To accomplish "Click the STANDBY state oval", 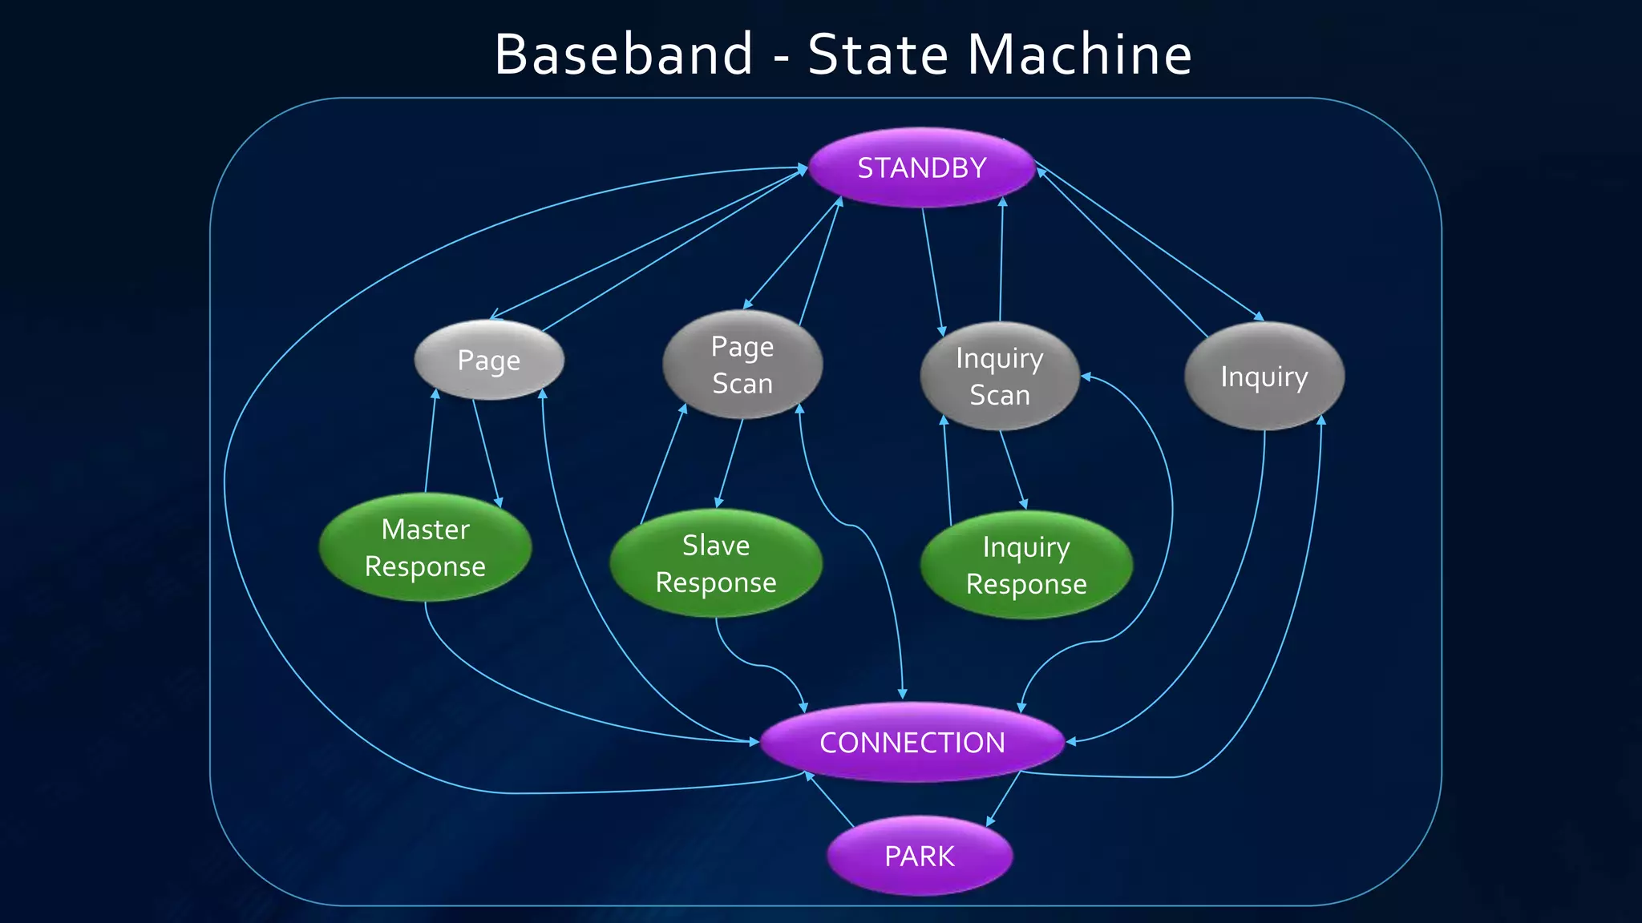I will click(921, 167).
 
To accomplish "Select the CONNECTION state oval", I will click(912, 742).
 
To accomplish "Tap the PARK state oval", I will click(920, 856).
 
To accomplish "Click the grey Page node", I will click(489, 360).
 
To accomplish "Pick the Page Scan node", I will click(742, 365).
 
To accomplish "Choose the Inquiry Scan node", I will click(1000, 376).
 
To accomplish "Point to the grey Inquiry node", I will click(1264, 376).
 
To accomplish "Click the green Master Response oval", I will click(425, 547).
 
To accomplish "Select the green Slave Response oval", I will click(715, 563).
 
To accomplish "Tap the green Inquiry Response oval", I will click(1026, 565).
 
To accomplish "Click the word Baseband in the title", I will click(624, 54).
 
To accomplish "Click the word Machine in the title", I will click(1080, 54).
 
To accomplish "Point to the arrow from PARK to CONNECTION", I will click(830, 800).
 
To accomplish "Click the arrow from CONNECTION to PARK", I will click(1003, 799).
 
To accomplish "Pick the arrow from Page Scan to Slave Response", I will click(730, 464).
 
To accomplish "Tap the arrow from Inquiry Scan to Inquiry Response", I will click(1013, 470).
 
